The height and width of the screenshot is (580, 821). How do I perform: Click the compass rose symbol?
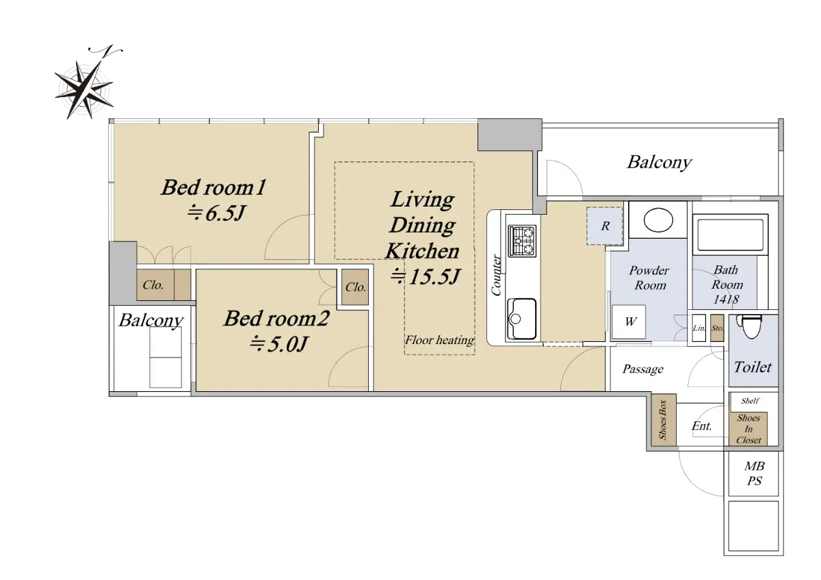[x=85, y=88]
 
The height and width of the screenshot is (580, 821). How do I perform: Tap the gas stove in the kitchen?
[x=522, y=241]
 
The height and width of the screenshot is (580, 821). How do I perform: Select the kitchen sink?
[x=522, y=319]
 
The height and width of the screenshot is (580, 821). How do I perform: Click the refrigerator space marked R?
[x=604, y=226]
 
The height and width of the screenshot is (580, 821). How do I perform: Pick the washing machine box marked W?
[x=629, y=321]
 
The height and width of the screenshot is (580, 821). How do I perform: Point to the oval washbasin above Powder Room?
[x=658, y=220]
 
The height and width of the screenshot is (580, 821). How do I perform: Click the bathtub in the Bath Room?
[x=730, y=235]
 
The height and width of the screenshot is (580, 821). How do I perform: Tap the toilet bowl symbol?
[x=751, y=327]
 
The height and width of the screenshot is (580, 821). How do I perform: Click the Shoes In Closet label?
[x=748, y=429]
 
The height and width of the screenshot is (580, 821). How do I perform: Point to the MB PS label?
[x=754, y=473]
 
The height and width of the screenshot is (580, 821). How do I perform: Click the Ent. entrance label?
[x=701, y=425]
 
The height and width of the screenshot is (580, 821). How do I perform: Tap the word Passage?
[x=643, y=369]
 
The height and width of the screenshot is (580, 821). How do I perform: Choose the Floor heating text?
[x=439, y=341]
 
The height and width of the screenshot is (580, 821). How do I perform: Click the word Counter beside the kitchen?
[x=496, y=275]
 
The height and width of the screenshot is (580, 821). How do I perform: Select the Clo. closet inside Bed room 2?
[x=355, y=287]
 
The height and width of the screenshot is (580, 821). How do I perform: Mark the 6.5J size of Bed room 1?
[x=216, y=213]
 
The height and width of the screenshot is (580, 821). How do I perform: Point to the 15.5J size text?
[x=425, y=276]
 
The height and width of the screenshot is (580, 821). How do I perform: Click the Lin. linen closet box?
[x=699, y=328]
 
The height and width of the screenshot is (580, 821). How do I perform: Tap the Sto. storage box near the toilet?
[x=717, y=328]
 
